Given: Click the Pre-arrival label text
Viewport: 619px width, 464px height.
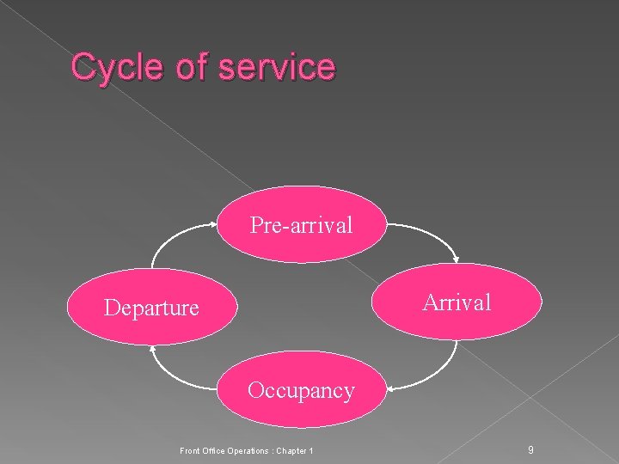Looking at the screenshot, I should pos(301,225).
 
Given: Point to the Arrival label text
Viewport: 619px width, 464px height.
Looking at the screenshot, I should pos(457,302).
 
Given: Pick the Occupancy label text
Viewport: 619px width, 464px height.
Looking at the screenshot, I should pos(301,391).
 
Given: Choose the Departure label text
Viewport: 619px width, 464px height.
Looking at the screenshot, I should pos(151,307).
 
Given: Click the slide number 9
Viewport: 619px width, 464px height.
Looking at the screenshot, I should pos(531,450).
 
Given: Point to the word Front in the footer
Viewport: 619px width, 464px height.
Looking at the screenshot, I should pos(189,451).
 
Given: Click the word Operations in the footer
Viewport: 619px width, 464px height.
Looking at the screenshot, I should pos(248,451).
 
